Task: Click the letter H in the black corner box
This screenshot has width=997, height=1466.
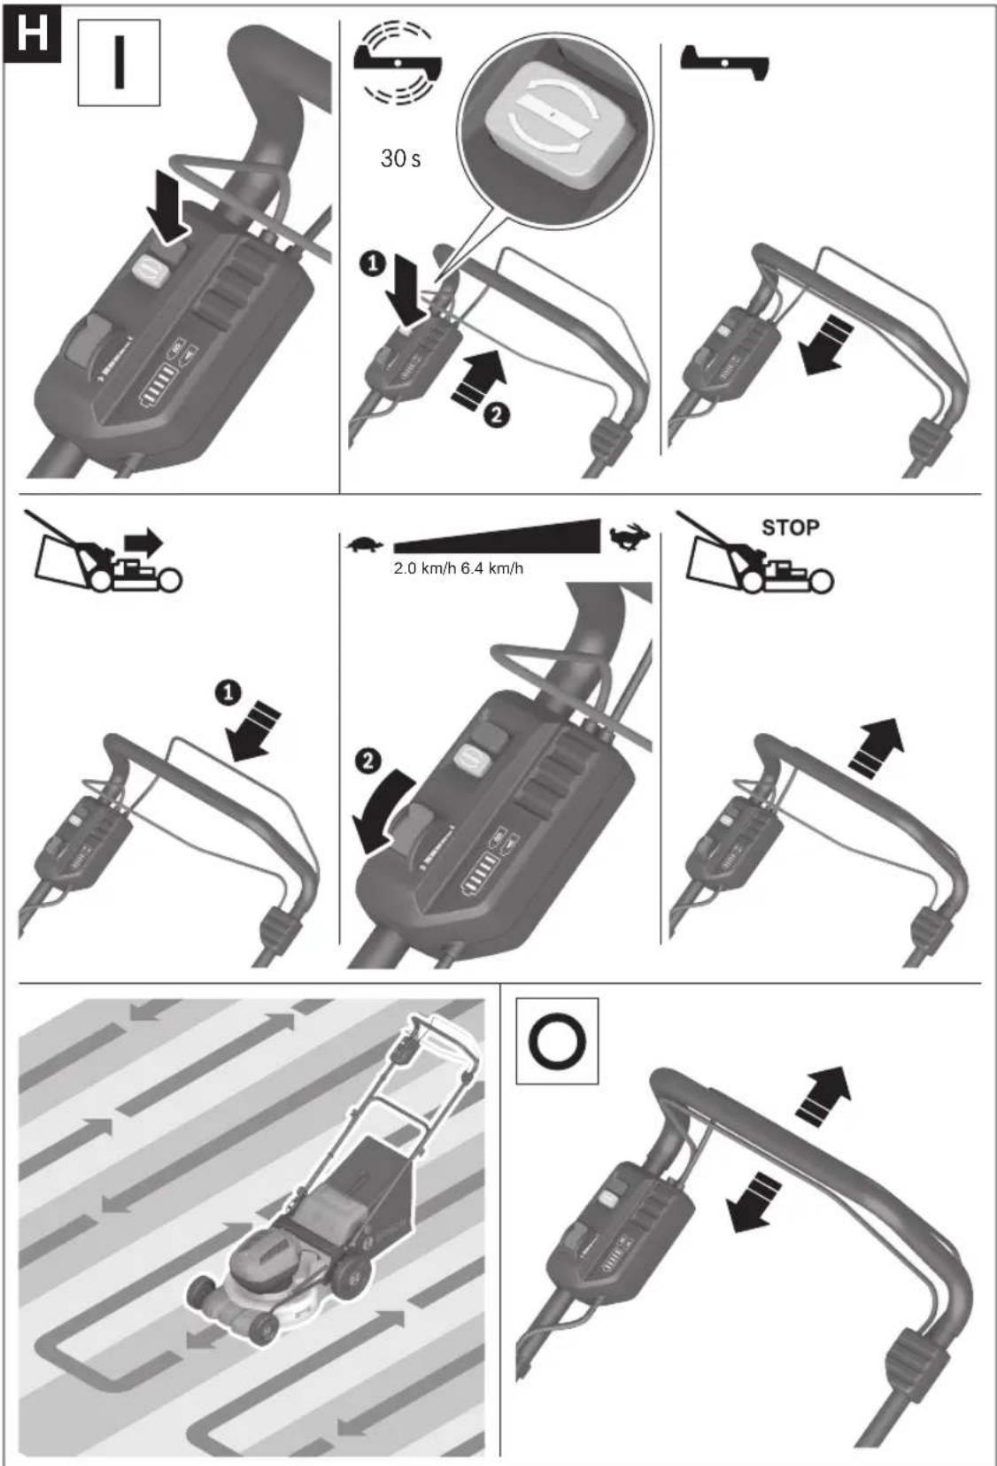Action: click(x=32, y=34)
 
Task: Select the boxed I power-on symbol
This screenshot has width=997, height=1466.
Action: click(x=119, y=63)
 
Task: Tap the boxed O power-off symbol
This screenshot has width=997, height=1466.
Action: click(x=556, y=1040)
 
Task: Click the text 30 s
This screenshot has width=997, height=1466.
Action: click(x=400, y=158)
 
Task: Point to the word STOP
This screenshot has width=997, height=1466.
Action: click(x=790, y=528)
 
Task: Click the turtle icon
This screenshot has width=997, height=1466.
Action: click(x=364, y=544)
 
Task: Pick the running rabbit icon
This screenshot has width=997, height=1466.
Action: click(x=630, y=536)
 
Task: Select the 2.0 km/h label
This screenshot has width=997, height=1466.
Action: click(x=424, y=568)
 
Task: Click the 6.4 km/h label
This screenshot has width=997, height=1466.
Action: click(x=491, y=568)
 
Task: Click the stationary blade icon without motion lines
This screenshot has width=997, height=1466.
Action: click(x=724, y=63)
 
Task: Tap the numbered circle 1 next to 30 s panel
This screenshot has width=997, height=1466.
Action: click(x=373, y=265)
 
